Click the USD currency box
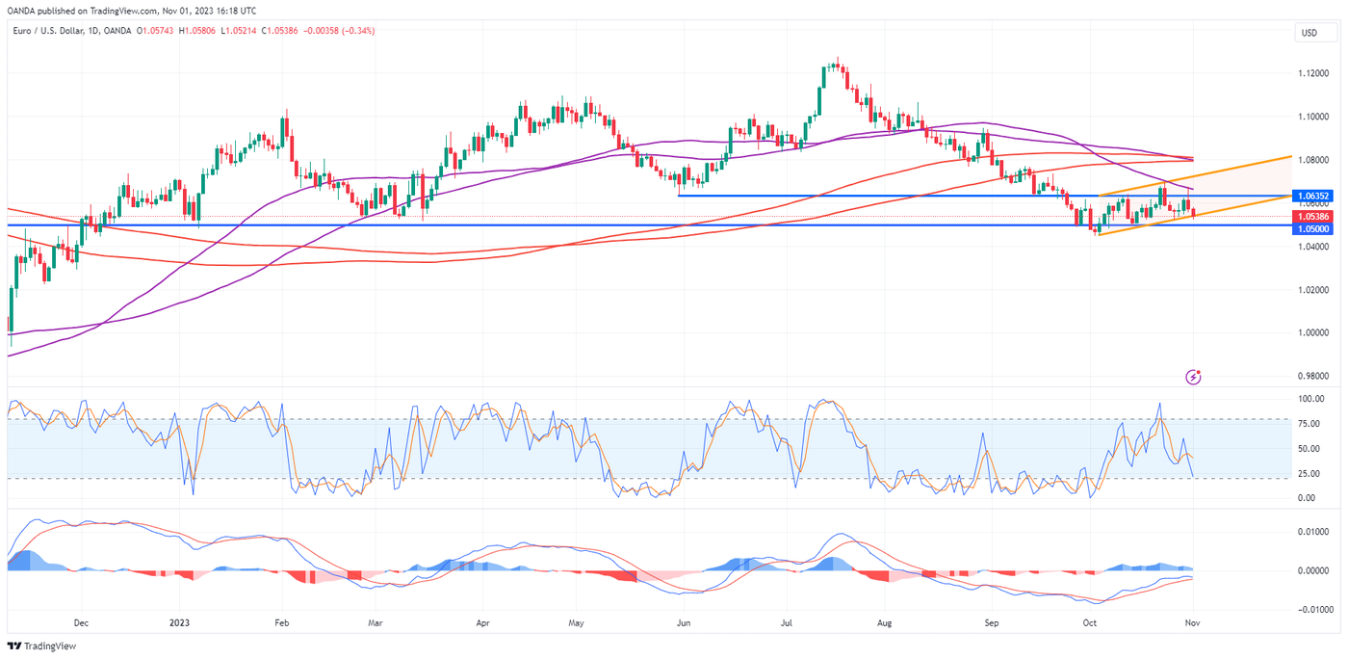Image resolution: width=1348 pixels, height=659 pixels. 1309,33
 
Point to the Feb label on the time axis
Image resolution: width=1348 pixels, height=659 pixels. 281,622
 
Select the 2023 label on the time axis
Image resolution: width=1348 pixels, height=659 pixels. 180,622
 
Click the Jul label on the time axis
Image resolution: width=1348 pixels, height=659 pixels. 786,622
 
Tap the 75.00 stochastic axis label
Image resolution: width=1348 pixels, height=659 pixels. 1307,423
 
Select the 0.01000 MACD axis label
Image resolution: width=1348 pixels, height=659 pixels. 1311,532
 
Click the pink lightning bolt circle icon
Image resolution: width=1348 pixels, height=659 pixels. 1194,377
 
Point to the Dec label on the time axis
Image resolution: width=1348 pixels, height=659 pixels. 81,622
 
